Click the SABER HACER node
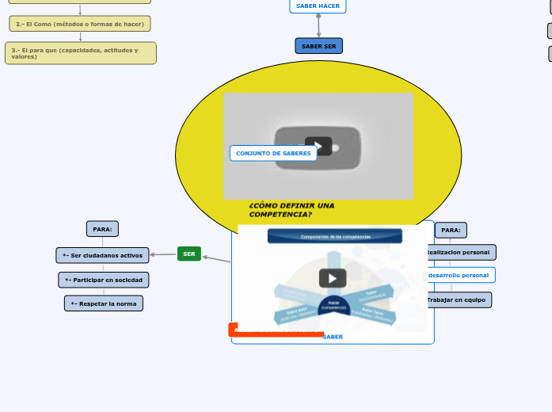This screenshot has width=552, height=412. (318, 6)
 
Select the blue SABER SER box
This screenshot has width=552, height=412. (318, 46)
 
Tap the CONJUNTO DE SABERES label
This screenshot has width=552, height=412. (273, 153)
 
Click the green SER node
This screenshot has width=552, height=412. (188, 254)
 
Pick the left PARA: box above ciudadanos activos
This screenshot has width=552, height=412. (102, 229)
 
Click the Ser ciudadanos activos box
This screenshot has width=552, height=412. (102, 255)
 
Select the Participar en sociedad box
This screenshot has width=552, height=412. (104, 280)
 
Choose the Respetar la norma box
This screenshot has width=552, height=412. (104, 303)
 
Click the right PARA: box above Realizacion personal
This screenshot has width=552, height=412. (451, 230)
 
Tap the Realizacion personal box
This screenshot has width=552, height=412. (459, 252)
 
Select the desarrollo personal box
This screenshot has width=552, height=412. (459, 275)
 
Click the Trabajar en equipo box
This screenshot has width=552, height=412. (458, 299)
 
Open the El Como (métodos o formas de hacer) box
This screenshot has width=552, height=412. (80, 24)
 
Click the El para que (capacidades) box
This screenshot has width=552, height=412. (80, 53)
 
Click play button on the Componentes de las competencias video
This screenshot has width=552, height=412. (333, 278)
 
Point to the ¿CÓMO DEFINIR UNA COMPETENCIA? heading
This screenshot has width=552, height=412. (291, 210)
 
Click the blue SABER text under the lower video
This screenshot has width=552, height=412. (333, 337)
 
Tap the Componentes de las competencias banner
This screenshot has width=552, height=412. (334, 236)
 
